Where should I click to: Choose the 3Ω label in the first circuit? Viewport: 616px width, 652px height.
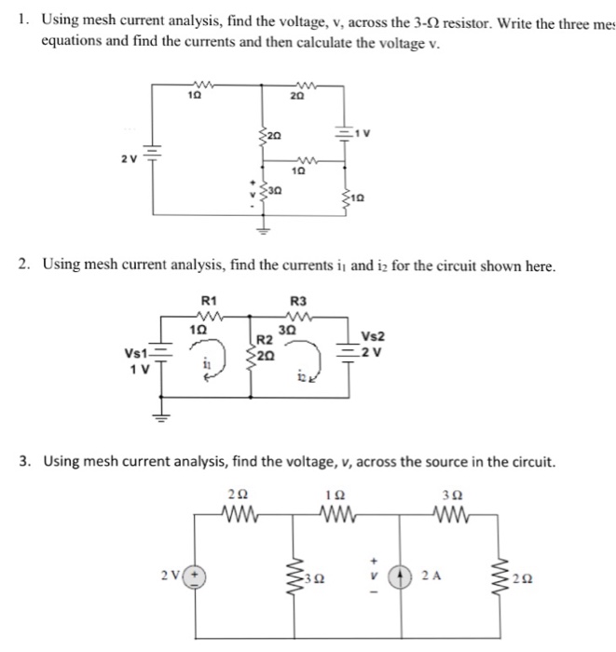[x=278, y=191]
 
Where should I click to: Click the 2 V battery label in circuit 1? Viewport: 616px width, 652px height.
[x=128, y=157]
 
